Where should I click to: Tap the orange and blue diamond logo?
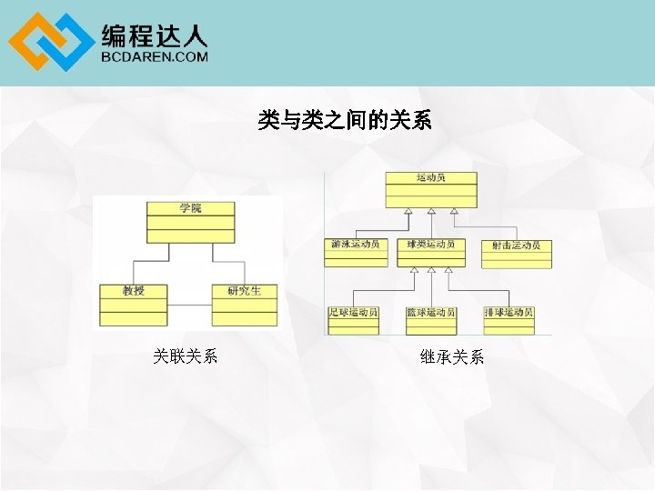coord(50,43)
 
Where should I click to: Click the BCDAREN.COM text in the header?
coord(155,56)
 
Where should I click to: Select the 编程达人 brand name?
coord(155,35)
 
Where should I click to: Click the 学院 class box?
coord(190,223)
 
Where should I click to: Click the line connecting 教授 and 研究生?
coord(189,305)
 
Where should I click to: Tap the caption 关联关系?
coord(186,356)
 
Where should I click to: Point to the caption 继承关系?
coord(452,357)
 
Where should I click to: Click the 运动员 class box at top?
coord(430,190)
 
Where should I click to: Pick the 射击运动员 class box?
coord(516,254)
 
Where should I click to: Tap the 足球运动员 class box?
coord(353,320)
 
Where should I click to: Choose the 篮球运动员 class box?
coord(431,320)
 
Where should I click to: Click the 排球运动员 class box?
coord(509,320)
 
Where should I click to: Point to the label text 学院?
coord(190,208)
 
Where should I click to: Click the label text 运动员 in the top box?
coord(430,177)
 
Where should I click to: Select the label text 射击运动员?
coord(516,245)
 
